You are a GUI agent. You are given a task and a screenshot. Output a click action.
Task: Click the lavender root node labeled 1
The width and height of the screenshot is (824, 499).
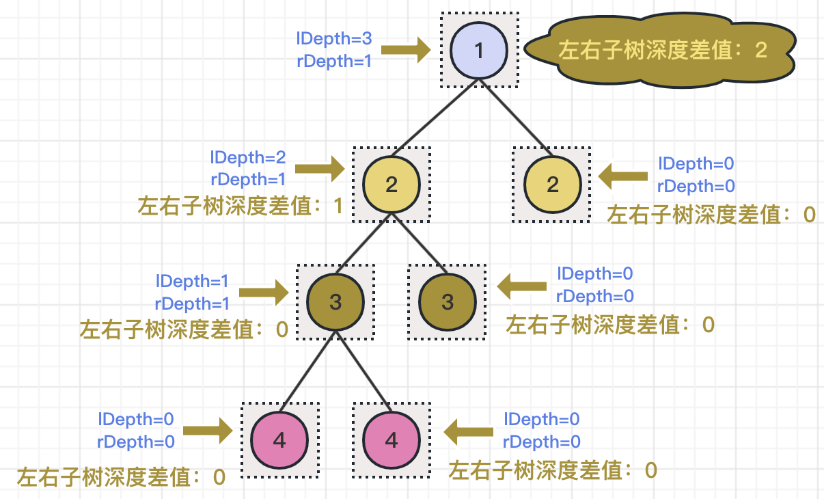point(478,51)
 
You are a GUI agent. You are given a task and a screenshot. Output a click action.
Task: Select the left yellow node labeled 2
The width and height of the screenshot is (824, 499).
point(391,184)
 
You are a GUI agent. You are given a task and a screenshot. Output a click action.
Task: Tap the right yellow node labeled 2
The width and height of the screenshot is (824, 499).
point(552,184)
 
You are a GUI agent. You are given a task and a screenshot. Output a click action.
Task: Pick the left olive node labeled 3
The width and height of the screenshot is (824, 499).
point(335,301)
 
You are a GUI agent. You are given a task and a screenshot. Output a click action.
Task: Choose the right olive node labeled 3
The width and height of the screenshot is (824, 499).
point(447,301)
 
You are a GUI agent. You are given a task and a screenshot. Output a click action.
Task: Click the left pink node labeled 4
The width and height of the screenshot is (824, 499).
point(279,440)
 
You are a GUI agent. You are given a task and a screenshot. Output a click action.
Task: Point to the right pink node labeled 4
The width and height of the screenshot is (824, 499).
point(391,440)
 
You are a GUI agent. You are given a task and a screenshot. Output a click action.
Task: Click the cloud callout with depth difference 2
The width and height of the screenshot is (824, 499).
point(660,51)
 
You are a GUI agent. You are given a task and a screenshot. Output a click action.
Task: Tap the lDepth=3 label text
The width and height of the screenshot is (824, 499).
point(334,39)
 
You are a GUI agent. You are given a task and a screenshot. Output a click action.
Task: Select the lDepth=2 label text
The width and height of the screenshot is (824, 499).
point(247,158)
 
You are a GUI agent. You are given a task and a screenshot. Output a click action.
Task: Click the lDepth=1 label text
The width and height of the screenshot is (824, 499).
point(193,281)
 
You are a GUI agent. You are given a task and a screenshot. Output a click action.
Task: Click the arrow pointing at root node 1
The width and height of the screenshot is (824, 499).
point(406,50)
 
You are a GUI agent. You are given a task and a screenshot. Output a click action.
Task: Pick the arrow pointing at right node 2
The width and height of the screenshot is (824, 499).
point(623,176)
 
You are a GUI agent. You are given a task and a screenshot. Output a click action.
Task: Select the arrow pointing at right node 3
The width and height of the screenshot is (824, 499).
point(522,286)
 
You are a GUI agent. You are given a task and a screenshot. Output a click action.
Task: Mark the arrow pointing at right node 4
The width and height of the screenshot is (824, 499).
point(469,431)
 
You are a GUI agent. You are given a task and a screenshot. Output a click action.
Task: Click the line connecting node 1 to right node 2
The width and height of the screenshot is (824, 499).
point(516,117)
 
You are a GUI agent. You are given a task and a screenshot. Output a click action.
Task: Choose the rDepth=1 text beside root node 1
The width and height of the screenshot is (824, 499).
point(334,61)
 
